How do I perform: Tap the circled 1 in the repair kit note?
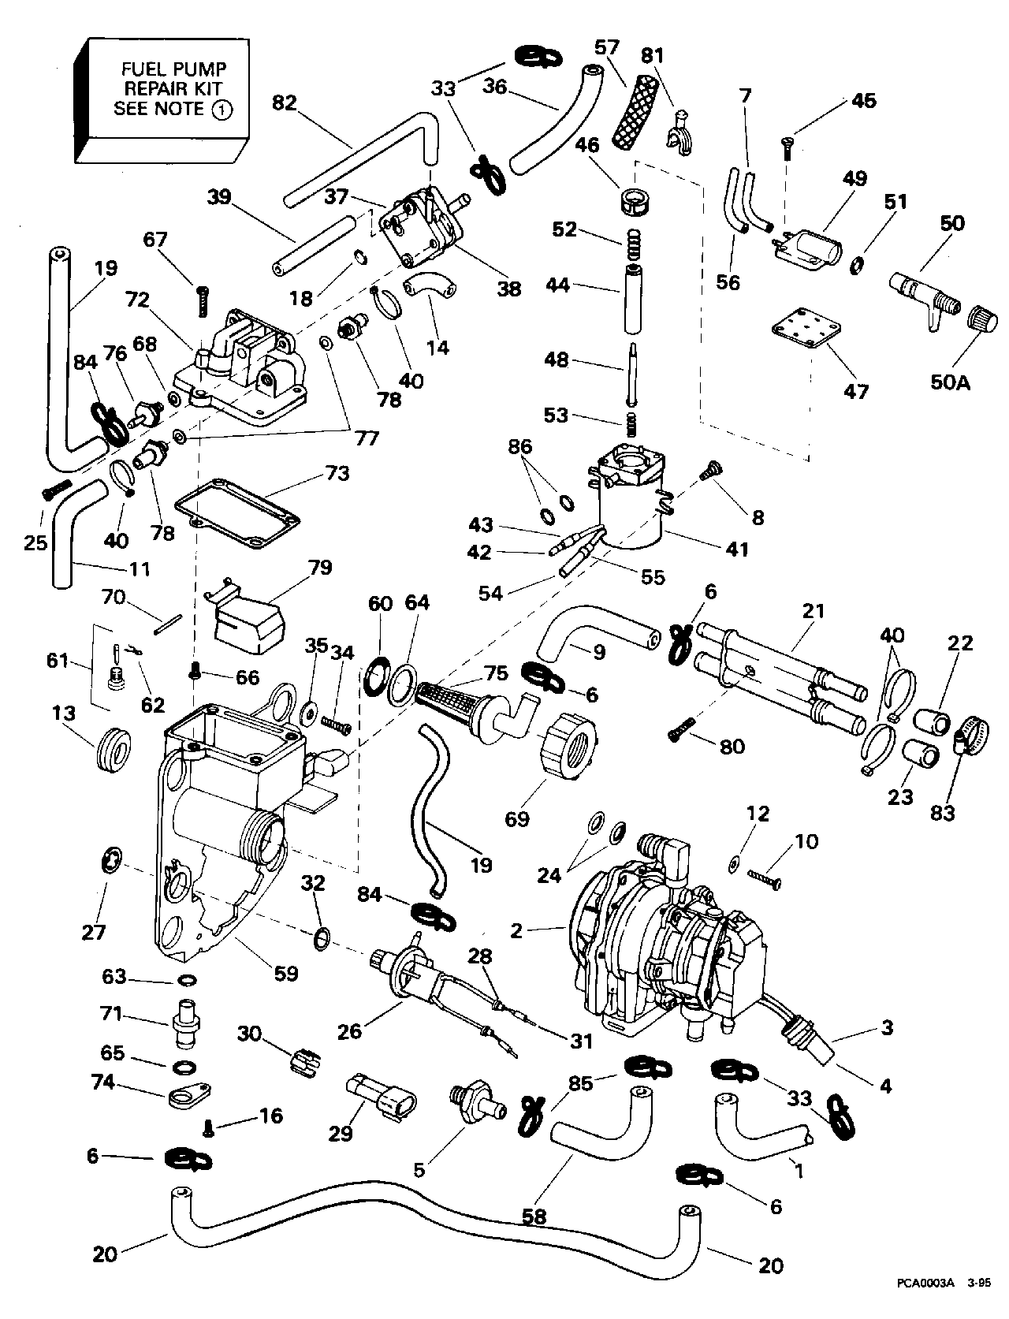pyautogui.click(x=222, y=110)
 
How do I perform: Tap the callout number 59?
pyautogui.click(x=285, y=974)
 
